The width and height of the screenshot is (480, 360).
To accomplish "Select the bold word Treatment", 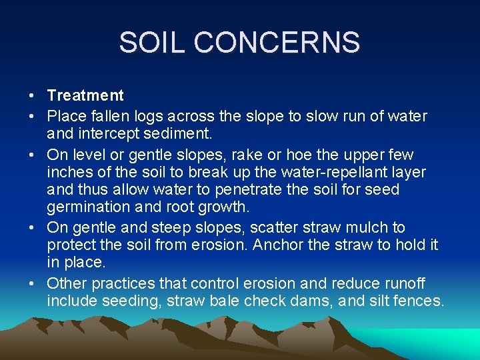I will (85, 96).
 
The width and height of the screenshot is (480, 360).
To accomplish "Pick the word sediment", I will (183, 133).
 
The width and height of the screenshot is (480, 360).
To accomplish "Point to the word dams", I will (313, 301).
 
